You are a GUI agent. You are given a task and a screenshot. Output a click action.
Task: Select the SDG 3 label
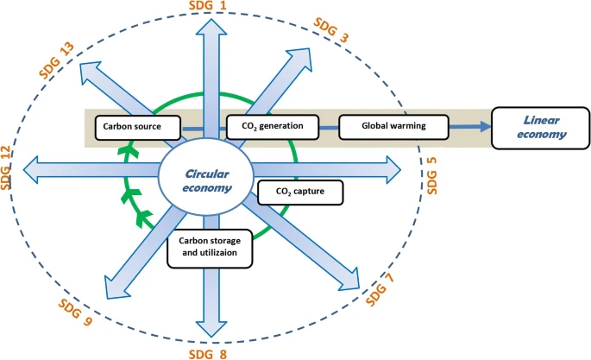pyautogui.click(x=331, y=31)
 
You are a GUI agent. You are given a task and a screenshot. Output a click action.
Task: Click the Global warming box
pyautogui.click(x=394, y=127)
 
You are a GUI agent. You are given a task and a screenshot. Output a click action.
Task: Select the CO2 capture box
pyautogui.click(x=299, y=190)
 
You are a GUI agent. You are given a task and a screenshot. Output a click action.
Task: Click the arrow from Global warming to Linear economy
pyautogui.click(x=471, y=127)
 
